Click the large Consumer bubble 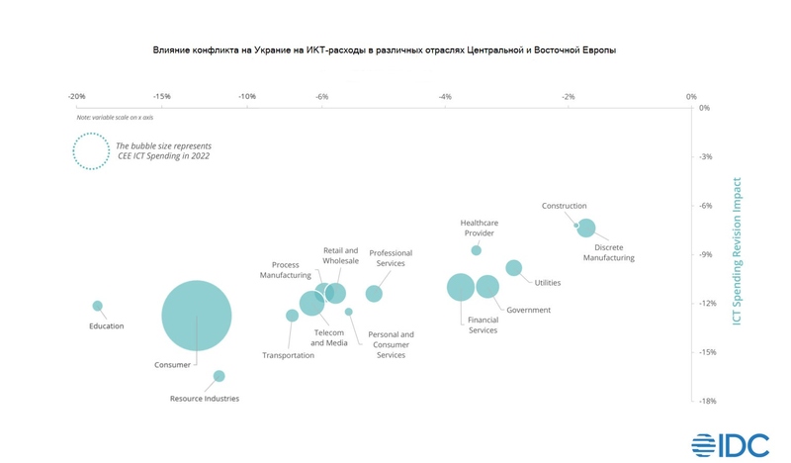196,317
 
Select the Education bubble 98,306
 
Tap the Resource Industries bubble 220,376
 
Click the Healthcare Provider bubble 476,250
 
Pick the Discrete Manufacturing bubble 586,228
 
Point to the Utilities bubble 513,268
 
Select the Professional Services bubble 374,294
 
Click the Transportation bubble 292,316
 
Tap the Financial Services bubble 461,287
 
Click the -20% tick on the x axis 76,97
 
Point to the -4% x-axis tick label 445,97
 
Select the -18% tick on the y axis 706,401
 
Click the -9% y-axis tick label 705,254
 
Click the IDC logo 730,444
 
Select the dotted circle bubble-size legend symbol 90,151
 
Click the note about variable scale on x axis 124,118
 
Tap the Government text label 528,310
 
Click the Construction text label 564,206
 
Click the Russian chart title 384,49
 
